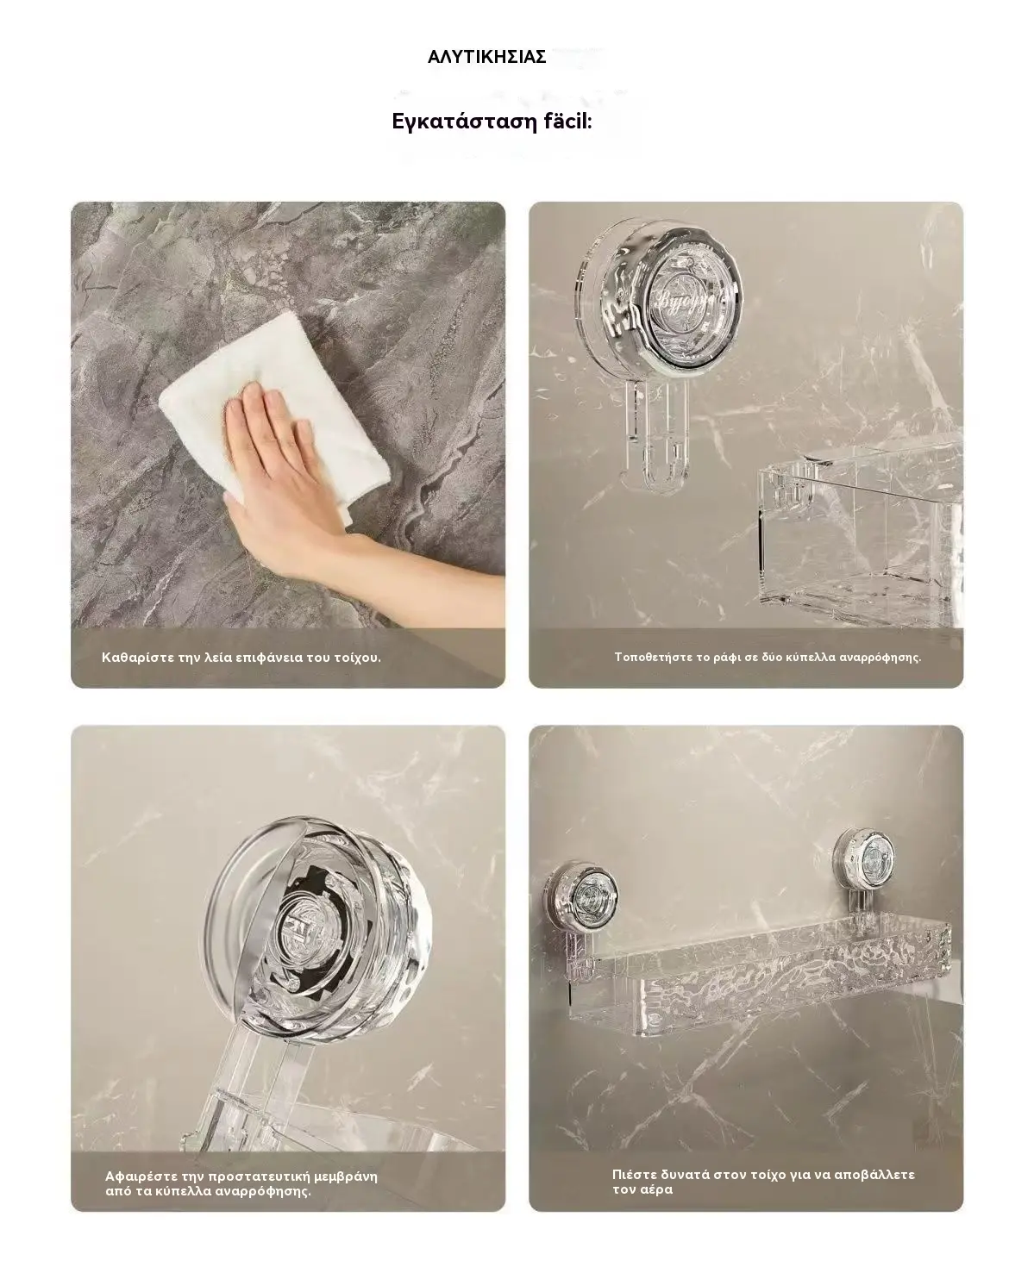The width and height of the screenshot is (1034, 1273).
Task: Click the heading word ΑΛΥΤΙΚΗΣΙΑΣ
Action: (486, 57)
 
